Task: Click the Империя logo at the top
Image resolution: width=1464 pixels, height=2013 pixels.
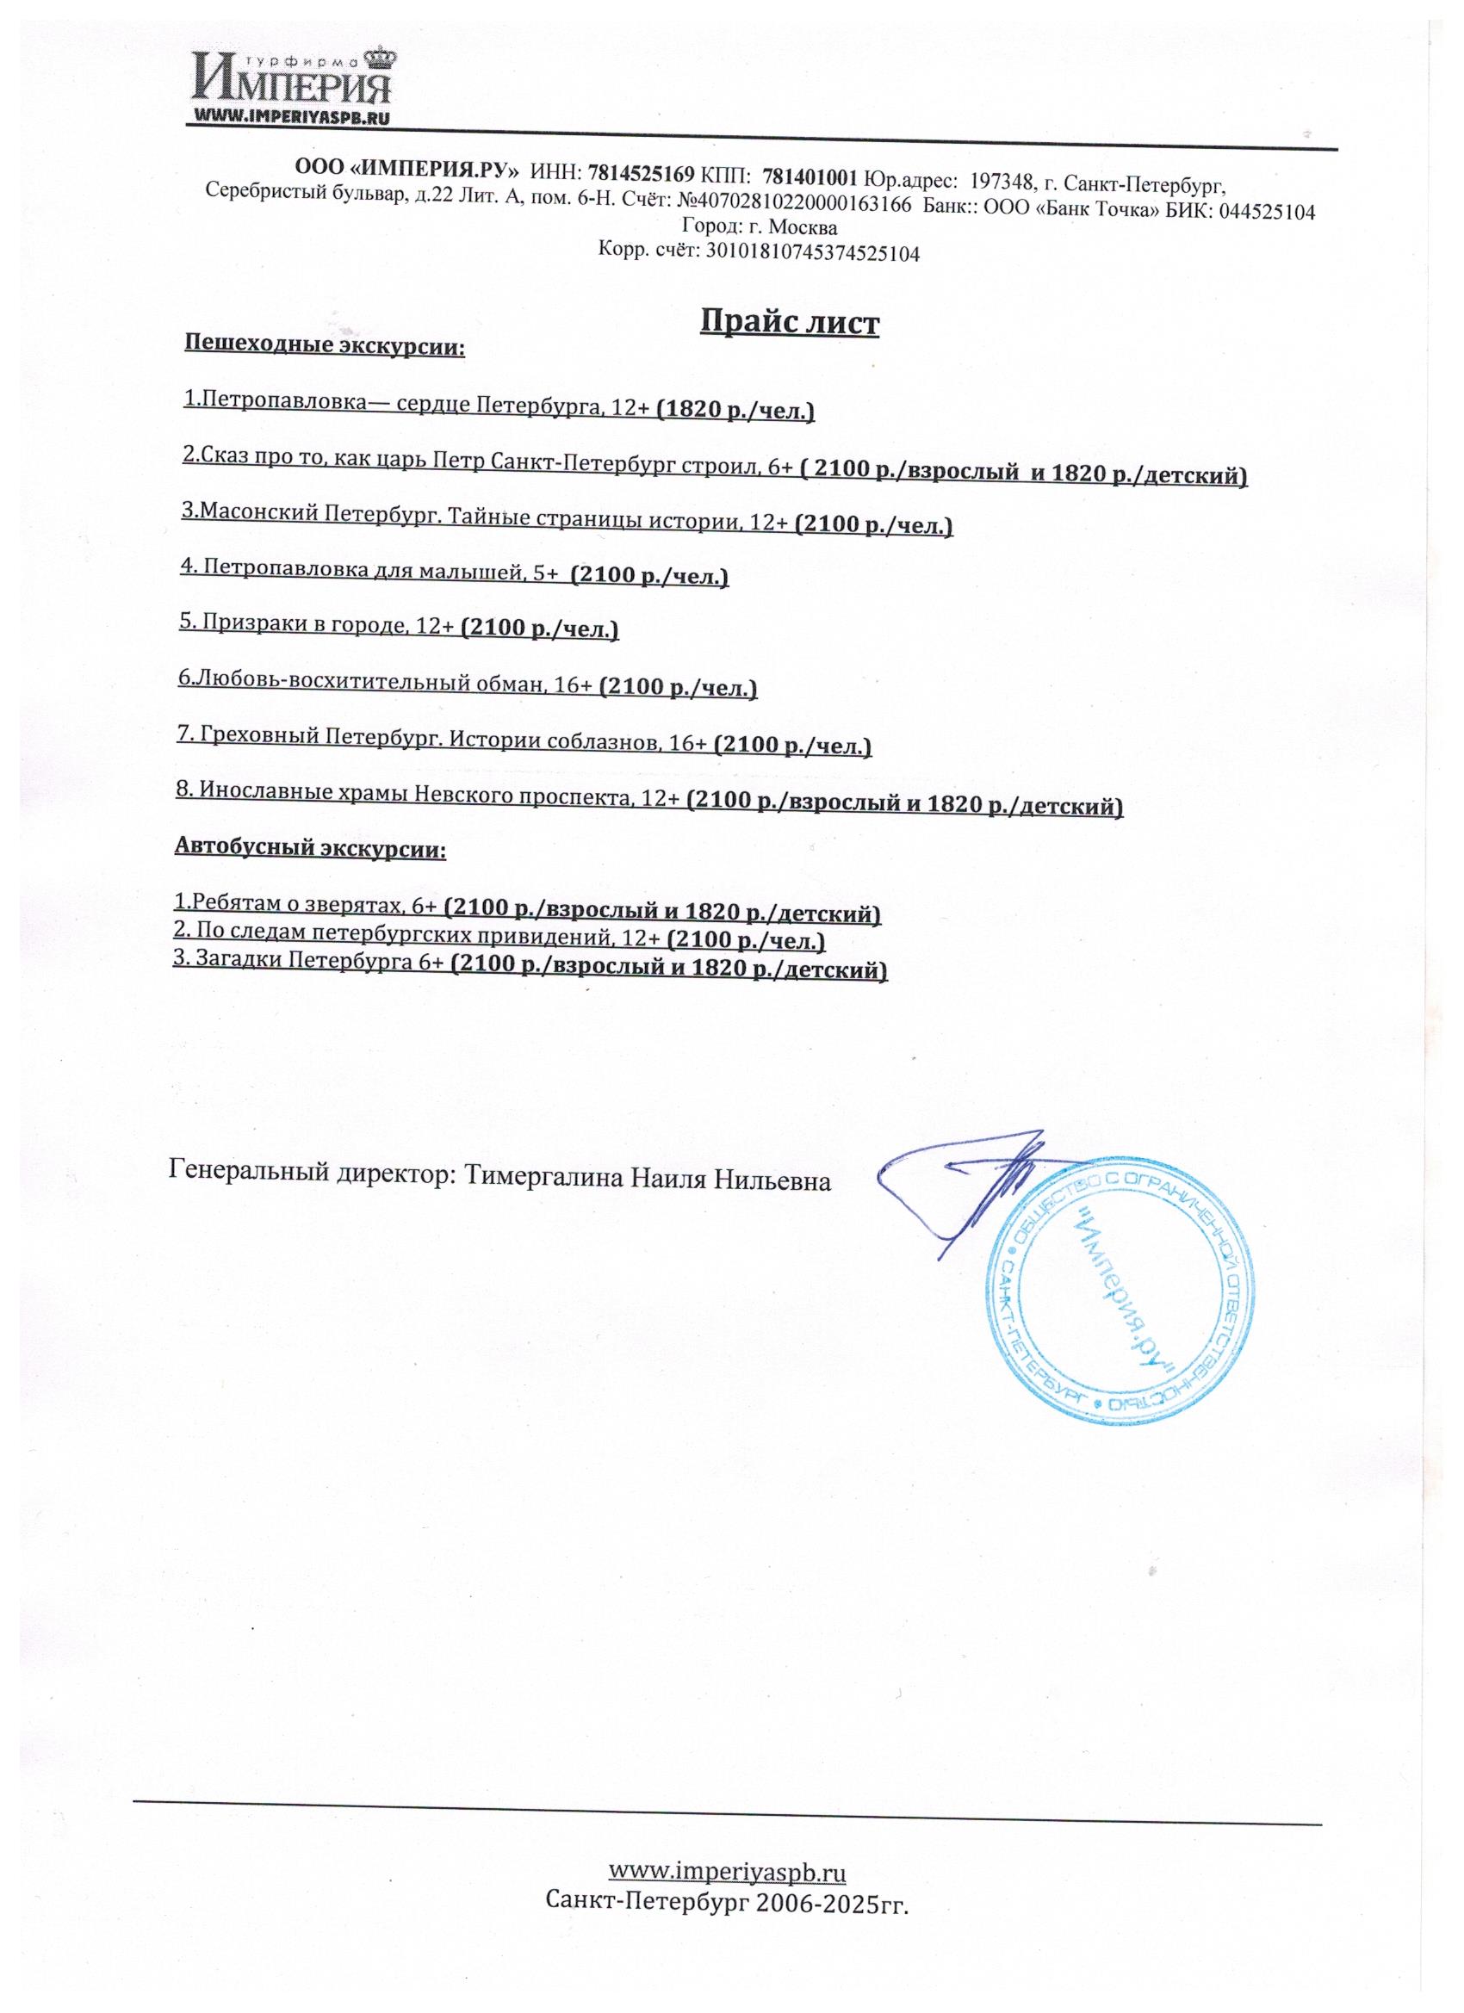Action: tap(292, 84)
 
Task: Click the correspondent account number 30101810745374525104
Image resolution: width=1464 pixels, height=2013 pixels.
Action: tap(811, 253)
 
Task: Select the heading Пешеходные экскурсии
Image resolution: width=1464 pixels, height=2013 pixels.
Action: tap(325, 344)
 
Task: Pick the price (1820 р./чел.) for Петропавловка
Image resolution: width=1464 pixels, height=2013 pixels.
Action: tap(735, 410)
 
